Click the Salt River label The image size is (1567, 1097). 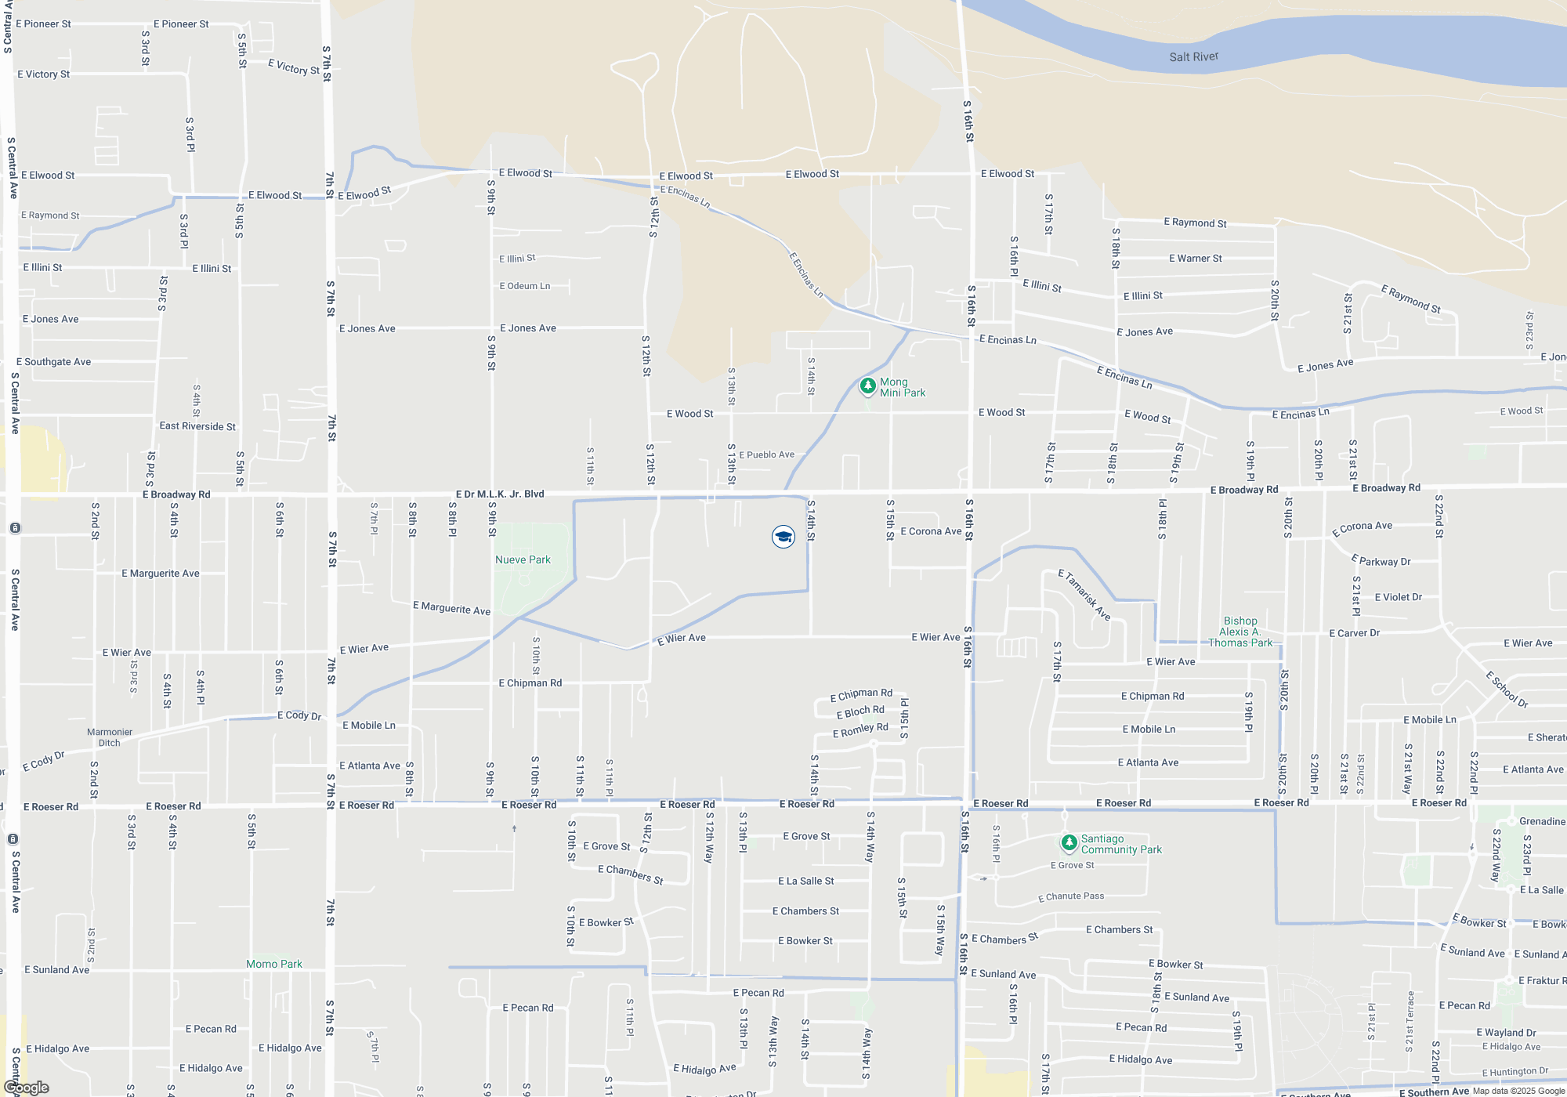tap(1193, 56)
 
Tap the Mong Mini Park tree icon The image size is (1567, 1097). tap(867, 386)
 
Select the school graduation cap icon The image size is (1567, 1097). tap(783, 537)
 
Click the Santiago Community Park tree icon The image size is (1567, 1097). tap(1069, 843)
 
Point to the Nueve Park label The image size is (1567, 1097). tap(523, 559)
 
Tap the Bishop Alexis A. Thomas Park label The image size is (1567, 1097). tap(1239, 632)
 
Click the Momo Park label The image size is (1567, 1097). tap(273, 964)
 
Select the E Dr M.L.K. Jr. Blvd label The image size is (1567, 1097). tap(500, 494)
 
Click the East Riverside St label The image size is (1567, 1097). tap(197, 426)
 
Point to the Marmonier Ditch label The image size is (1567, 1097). tap(110, 737)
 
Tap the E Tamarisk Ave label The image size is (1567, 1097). tap(1084, 595)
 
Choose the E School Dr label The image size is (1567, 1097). tap(1507, 689)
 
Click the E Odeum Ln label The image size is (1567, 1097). tap(525, 286)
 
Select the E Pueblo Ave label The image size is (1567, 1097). tap(766, 454)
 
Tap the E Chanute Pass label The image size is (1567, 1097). tap(1071, 896)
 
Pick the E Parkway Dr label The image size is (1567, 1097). tap(1381, 560)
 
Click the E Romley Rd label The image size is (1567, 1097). tap(860, 730)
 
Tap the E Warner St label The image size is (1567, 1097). tap(1195, 258)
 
